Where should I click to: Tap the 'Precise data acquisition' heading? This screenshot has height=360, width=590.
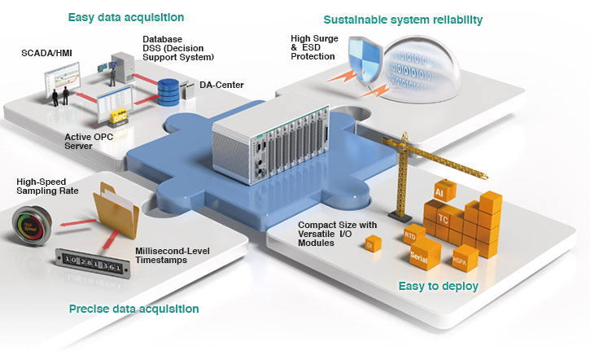(x=134, y=309)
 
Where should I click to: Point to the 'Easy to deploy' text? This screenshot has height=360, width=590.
(x=438, y=286)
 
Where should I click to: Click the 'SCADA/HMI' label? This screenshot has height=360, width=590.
(x=46, y=53)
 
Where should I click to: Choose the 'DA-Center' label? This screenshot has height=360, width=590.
(x=219, y=83)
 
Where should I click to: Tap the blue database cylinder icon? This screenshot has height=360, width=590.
(x=168, y=90)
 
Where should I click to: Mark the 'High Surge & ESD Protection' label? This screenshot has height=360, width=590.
(x=313, y=48)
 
